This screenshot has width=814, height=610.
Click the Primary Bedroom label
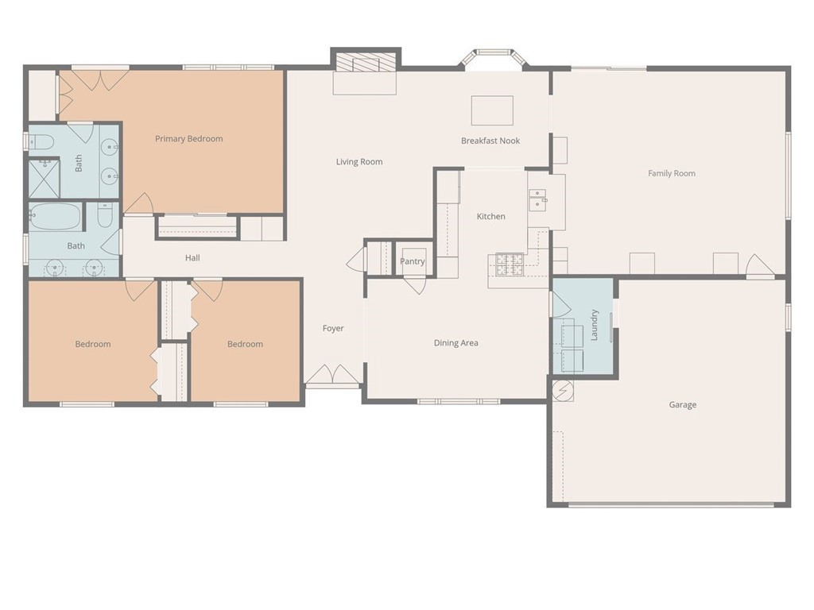click(189, 138)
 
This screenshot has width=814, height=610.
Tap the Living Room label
click(359, 162)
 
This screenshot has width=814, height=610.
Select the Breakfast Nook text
click(490, 141)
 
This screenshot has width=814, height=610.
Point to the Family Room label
click(672, 173)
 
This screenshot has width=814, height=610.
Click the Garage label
click(683, 404)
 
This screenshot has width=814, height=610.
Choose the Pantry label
click(413, 261)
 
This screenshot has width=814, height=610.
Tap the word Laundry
click(595, 325)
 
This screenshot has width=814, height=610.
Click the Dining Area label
click(455, 343)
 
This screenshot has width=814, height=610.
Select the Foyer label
click(333, 328)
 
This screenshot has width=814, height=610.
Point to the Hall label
click(192, 258)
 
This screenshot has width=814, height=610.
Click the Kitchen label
click(491, 216)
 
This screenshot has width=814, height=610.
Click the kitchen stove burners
click(510, 264)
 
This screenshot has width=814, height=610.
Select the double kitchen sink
click(538, 200)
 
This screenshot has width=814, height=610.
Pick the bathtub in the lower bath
click(56, 216)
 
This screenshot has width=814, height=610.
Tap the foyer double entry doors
click(332, 376)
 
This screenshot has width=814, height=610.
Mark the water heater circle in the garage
click(563, 391)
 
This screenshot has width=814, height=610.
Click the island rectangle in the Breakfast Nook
click(492, 110)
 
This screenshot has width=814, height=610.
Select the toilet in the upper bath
click(41, 141)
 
